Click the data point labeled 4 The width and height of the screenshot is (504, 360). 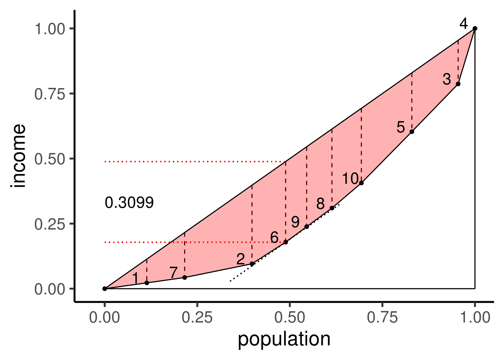click(x=475, y=28)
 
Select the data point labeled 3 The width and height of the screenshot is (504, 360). click(x=458, y=84)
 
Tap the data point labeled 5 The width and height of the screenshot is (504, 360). click(x=412, y=132)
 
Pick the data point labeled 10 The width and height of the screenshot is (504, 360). click(x=361, y=183)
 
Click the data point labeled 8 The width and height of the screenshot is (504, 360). click(x=332, y=208)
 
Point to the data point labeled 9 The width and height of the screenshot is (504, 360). click(x=306, y=226)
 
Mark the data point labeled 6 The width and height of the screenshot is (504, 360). click(x=285, y=242)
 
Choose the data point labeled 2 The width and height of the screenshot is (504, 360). click(x=252, y=264)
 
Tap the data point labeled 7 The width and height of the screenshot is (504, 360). click(x=184, y=277)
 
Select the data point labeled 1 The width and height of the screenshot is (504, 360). click(x=147, y=283)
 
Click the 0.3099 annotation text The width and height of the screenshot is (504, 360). click(x=129, y=203)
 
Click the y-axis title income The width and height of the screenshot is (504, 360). click(x=19, y=156)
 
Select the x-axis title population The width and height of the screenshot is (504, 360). click(x=284, y=339)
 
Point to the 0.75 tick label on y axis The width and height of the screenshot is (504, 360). click(x=49, y=94)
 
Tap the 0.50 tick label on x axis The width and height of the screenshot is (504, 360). click(x=289, y=318)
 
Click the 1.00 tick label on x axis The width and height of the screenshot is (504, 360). click(x=475, y=318)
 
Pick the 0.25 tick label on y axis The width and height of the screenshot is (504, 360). click(x=49, y=224)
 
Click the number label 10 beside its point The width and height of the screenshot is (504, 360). click(x=350, y=178)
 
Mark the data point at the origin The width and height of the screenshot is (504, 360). click(x=105, y=288)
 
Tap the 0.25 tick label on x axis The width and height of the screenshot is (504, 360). click(x=197, y=318)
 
